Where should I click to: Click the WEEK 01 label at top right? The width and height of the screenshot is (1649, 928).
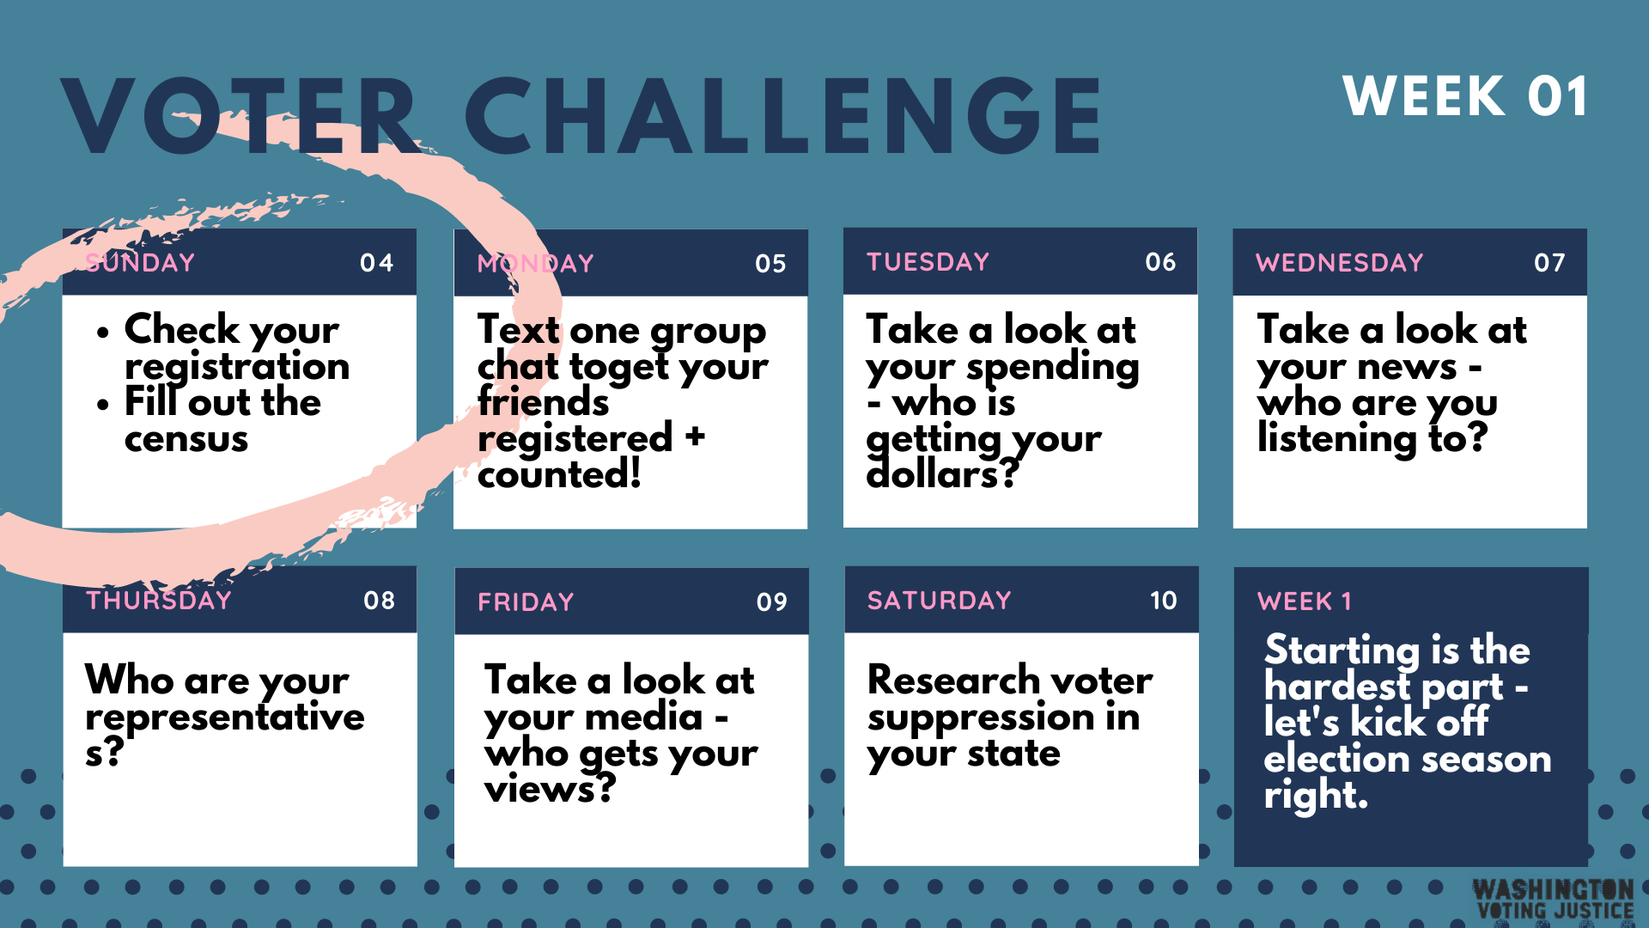click(x=1465, y=96)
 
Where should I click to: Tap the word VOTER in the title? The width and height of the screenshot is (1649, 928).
click(x=241, y=116)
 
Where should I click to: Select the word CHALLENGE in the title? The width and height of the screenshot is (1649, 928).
click(x=783, y=116)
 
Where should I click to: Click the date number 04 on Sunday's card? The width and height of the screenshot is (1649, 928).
click(x=377, y=263)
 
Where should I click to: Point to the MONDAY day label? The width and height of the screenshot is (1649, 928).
click(x=536, y=264)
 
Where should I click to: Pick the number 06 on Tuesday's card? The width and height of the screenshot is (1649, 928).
click(x=1160, y=262)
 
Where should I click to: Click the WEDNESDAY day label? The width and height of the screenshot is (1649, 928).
click(x=1340, y=263)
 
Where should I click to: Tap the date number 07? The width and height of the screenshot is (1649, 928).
click(x=1549, y=263)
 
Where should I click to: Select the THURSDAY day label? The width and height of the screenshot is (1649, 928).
click(x=159, y=600)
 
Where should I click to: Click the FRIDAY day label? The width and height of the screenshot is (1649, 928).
click(x=526, y=602)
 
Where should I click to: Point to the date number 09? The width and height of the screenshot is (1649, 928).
click(x=772, y=602)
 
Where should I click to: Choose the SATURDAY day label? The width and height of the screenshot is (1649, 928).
click(x=940, y=601)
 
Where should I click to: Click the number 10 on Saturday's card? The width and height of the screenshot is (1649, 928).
click(x=1164, y=601)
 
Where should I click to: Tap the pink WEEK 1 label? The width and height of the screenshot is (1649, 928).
click(x=1305, y=601)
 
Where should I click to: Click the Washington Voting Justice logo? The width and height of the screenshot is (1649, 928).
click(x=1554, y=900)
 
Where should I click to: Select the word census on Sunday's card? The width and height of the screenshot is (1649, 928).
click(x=186, y=439)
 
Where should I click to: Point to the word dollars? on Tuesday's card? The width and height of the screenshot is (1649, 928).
click(x=942, y=474)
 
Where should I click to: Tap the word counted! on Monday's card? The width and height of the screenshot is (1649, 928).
click(x=559, y=474)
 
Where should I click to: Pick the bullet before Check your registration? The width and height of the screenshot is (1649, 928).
click(x=103, y=333)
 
